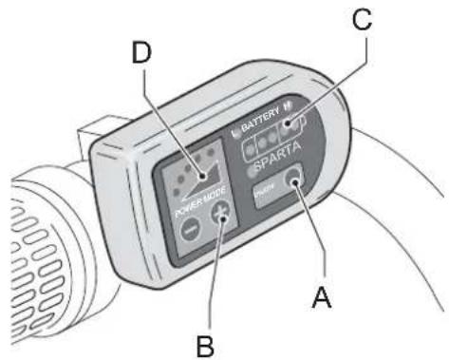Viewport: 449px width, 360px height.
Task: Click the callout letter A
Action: coord(322,298)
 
